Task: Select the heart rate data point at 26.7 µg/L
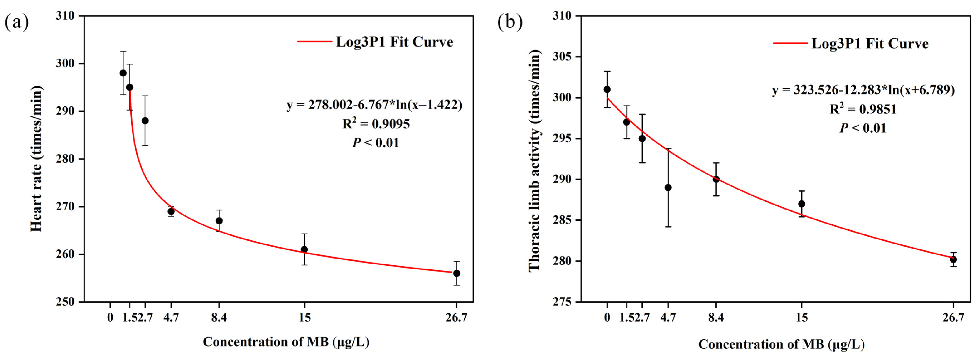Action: (457, 274)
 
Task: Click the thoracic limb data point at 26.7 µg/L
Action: (953, 260)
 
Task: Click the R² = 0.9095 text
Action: (376, 124)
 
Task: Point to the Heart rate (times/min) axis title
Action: (37, 159)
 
